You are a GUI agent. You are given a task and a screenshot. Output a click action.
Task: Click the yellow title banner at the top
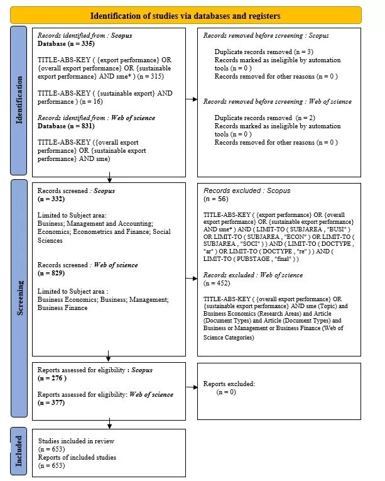pyautogui.click(x=185, y=15)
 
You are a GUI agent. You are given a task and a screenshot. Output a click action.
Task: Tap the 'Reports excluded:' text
pyautogui.click(x=229, y=383)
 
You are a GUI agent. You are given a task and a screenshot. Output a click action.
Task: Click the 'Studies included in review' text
pyautogui.click(x=76, y=441)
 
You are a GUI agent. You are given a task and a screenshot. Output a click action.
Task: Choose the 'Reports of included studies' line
pyautogui.click(x=77, y=458)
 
